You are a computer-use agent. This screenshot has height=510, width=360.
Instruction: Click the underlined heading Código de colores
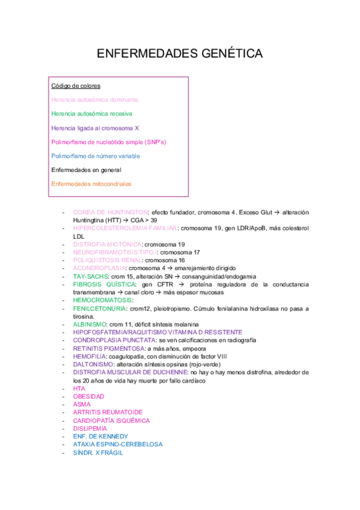tap(76, 86)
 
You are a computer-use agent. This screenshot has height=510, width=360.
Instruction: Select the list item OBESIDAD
tap(88, 397)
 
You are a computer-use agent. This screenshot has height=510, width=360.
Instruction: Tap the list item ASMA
tap(82, 405)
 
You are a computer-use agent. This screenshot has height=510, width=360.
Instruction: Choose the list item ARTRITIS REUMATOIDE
tap(108, 413)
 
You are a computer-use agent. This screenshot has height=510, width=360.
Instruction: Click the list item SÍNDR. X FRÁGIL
tap(98, 453)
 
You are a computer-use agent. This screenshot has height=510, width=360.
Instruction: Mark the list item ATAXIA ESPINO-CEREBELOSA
tap(117, 444)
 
